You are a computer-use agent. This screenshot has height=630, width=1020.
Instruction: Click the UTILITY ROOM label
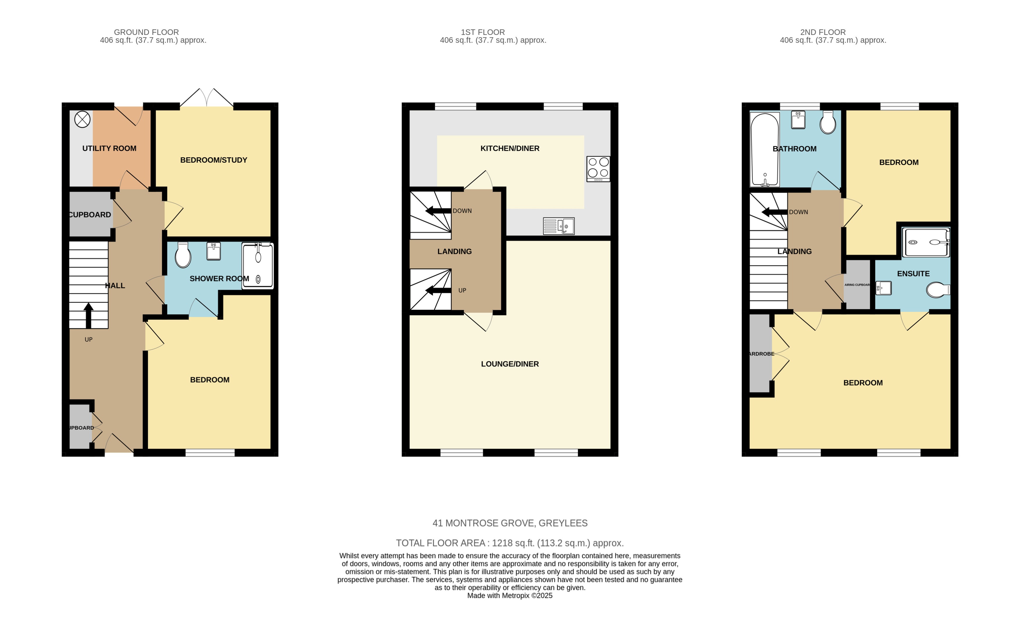click(x=109, y=148)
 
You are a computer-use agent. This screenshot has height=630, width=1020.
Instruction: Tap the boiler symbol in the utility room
click(x=82, y=119)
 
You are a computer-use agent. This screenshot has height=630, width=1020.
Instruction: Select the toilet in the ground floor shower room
click(x=183, y=255)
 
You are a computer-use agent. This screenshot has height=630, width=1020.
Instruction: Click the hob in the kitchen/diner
click(x=598, y=168)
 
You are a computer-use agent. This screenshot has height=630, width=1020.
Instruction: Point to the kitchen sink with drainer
click(x=559, y=226)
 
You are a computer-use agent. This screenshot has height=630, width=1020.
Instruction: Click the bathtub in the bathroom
click(x=765, y=150)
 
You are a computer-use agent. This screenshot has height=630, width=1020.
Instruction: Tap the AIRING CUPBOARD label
click(x=857, y=285)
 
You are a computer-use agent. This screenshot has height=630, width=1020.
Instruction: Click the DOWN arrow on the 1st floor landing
click(x=437, y=211)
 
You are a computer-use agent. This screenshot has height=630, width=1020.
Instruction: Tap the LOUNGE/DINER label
click(x=510, y=364)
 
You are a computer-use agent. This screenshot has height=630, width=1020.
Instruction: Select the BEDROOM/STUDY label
click(x=213, y=160)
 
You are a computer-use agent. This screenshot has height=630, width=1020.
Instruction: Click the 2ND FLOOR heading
click(x=822, y=32)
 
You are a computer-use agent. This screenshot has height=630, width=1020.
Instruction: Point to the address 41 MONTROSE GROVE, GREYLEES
click(x=510, y=523)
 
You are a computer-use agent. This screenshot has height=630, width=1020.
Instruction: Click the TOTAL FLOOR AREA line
click(x=510, y=543)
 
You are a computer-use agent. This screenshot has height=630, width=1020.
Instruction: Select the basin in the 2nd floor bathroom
click(x=798, y=120)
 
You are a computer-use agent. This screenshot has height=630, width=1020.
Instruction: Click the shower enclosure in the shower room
click(x=258, y=266)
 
